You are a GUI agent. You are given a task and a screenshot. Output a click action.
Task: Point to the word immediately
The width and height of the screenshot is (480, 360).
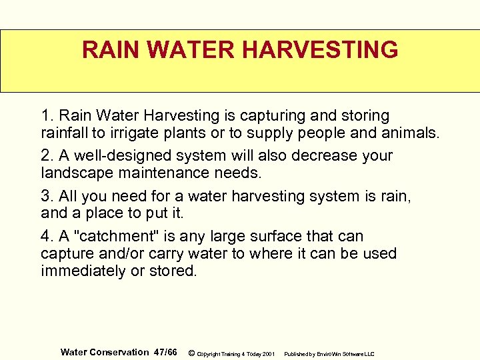84,271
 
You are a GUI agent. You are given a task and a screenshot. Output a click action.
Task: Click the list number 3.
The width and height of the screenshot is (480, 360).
47,196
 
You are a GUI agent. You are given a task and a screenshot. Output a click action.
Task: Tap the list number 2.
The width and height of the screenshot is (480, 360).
47,156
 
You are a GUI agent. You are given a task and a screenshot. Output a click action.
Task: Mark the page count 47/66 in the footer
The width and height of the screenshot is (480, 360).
165,352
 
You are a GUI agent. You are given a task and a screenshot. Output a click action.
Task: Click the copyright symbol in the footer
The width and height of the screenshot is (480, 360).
191,353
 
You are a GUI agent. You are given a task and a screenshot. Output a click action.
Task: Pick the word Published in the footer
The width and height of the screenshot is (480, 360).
297,353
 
